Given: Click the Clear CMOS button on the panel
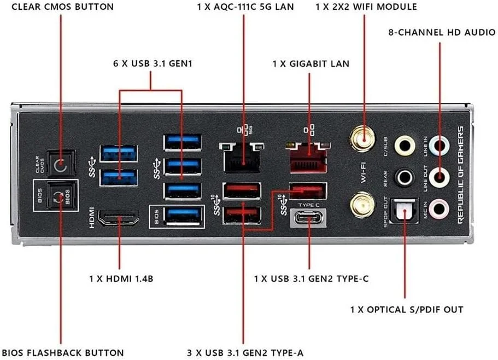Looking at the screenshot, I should tap(60, 162).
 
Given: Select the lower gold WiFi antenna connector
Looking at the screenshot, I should tap(361, 205).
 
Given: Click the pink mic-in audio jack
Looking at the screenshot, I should tap(439, 208).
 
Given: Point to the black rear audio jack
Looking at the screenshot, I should tap(405, 176).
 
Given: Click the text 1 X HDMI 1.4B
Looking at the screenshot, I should tap(121, 278).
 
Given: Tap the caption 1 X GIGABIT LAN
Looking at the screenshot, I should tap(310, 63).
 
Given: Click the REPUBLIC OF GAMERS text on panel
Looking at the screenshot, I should tap(460, 174).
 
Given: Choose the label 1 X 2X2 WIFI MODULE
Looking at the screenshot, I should tap(366, 7).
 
